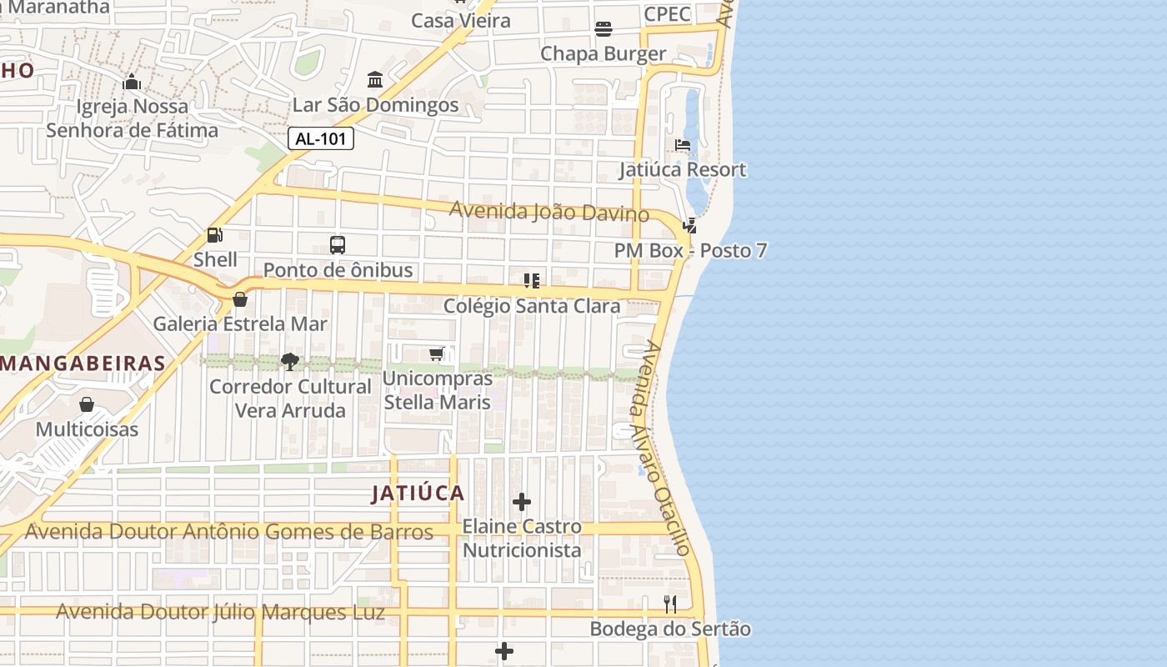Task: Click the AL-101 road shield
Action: pyautogui.click(x=321, y=139)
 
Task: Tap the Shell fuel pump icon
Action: pyautogui.click(x=215, y=236)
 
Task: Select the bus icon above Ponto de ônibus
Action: pyautogui.click(x=338, y=245)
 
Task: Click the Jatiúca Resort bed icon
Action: pyautogui.click(x=683, y=145)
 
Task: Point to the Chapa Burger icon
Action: pyautogui.click(x=604, y=30)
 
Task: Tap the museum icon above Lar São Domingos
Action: pyautogui.click(x=375, y=81)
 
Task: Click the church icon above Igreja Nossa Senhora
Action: pyautogui.click(x=132, y=83)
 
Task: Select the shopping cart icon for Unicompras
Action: pyautogui.click(x=437, y=354)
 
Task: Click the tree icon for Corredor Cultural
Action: pyautogui.click(x=290, y=362)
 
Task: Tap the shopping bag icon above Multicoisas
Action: pyautogui.click(x=87, y=405)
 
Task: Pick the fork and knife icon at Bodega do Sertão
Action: pyautogui.click(x=670, y=604)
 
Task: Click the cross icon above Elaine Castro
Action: pyautogui.click(x=522, y=502)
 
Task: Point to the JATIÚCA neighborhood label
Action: pyautogui.click(x=418, y=493)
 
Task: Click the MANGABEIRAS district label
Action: pyautogui.click(x=83, y=364)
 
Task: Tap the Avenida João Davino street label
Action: pyautogui.click(x=548, y=211)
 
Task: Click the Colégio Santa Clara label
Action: pyautogui.click(x=532, y=306)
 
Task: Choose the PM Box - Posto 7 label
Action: pyautogui.click(x=690, y=250)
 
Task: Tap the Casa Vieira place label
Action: pyautogui.click(x=461, y=21)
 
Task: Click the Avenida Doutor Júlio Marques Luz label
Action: pyautogui.click(x=220, y=612)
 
